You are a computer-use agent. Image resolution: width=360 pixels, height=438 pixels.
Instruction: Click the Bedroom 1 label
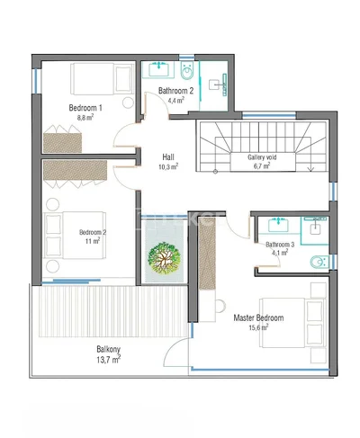click(x=85, y=108)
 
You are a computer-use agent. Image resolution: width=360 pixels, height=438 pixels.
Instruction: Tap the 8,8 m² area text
click(x=85, y=117)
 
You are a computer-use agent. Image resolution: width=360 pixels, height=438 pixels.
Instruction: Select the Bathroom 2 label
click(x=175, y=91)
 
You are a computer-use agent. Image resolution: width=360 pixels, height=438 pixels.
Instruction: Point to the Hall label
click(x=168, y=156)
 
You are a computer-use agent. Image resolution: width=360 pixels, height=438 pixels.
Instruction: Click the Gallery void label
click(x=262, y=157)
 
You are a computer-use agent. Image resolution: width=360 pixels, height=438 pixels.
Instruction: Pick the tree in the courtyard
click(x=164, y=258)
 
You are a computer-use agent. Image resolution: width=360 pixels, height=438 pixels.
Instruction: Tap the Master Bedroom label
click(x=258, y=317)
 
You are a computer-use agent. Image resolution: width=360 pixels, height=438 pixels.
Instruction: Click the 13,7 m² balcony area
click(x=109, y=360)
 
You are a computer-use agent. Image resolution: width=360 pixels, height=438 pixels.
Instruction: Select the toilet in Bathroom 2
click(x=187, y=71)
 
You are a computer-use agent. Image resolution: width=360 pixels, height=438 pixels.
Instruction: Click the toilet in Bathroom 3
click(x=319, y=263)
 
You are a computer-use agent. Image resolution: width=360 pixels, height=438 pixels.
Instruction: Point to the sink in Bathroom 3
click(x=278, y=225)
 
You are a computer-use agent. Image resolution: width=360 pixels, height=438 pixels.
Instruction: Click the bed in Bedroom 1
click(x=103, y=79)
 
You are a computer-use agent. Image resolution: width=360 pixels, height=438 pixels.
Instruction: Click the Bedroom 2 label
click(x=93, y=232)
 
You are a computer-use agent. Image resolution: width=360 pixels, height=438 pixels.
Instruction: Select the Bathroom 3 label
click(x=280, y=245)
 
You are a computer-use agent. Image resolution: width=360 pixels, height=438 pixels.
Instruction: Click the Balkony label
click(x=108, y=349)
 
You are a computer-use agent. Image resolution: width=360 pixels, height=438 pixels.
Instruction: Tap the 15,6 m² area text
click(x=258, y=327)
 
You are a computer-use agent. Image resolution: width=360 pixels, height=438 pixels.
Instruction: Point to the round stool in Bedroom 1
click(x=128, y=103)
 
